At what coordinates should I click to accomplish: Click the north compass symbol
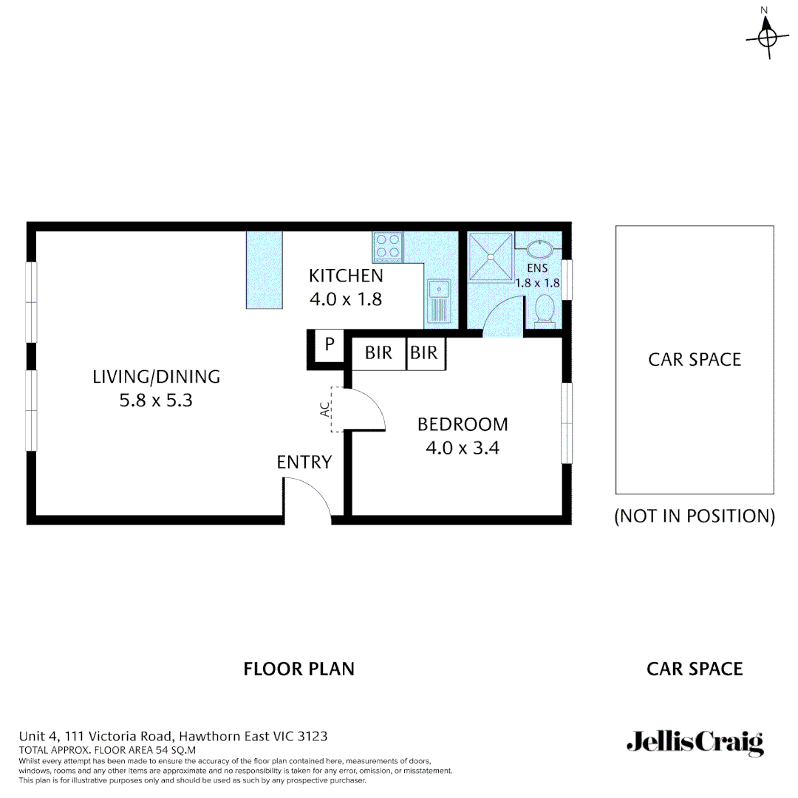768,33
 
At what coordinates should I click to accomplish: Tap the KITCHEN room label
346,276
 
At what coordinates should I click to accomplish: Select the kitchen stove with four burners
387,247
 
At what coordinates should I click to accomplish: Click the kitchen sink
438,302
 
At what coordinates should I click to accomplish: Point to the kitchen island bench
265,270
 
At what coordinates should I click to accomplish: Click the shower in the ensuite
489,256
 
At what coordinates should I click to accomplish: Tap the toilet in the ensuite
545,310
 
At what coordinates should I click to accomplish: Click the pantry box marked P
330,345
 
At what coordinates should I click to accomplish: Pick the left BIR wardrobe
378,353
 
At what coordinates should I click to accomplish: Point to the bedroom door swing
369,409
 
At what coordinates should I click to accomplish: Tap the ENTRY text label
304,463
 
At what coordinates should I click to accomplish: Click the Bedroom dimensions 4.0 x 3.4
463,448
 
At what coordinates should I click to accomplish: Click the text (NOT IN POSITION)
695,516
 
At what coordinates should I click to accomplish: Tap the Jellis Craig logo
695,743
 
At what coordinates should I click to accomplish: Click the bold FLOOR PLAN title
299,669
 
